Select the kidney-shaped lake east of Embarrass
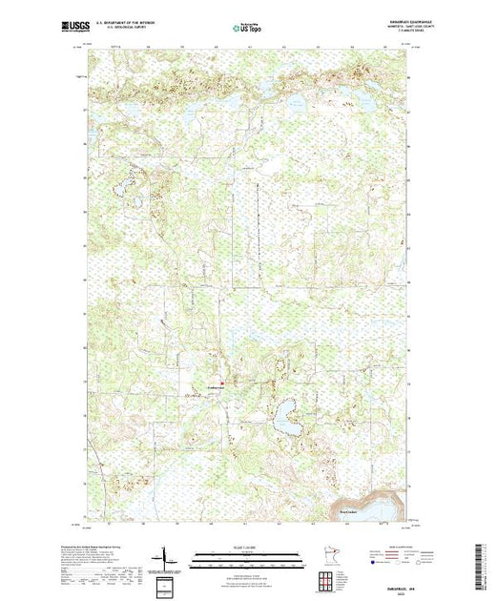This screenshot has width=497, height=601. pos(284,415)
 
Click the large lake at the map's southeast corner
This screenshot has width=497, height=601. pos(372,504)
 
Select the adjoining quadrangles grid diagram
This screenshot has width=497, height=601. pos(330,580)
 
